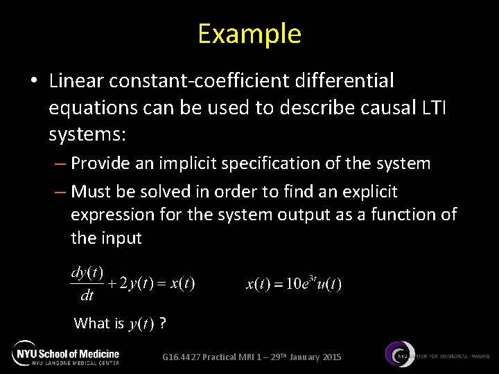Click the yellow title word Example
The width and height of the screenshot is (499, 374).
[249, 33]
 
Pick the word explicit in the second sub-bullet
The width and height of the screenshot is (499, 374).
[372, 190]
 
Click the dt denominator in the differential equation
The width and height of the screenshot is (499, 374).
[87, 296]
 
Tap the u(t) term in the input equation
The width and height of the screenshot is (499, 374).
[329, 284]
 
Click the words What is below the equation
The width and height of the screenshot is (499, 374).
[98, 323]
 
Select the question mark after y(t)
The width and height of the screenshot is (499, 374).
[162, 323]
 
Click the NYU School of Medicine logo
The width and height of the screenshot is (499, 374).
[67, 353]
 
